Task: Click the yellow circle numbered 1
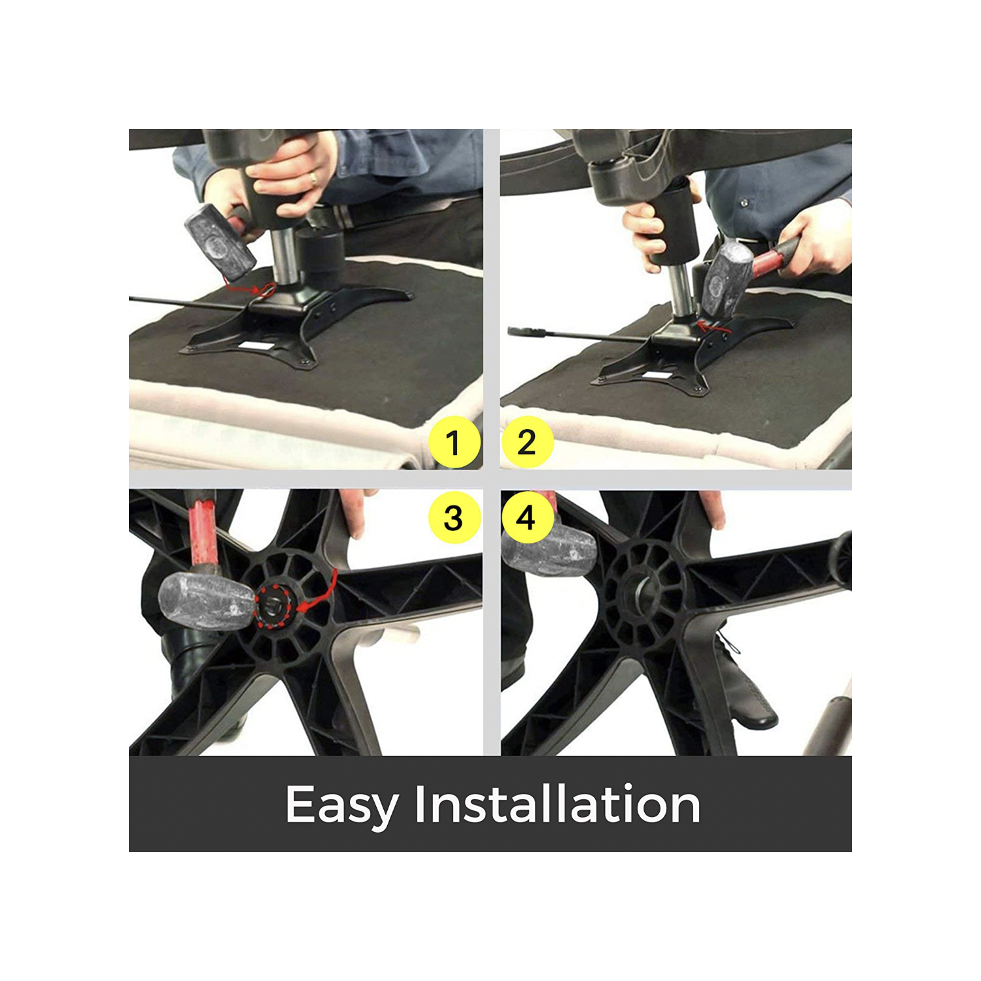click(x=455, y=443)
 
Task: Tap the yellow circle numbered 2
click(x=527, y=443)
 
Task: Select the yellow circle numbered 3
click(x=455, y=518)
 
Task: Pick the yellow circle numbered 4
click(x=527, y=518)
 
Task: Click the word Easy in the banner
click(x=341, y=804)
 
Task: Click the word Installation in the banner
click(x=557, y=804)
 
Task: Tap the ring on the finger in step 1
click(x=313, y=177)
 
